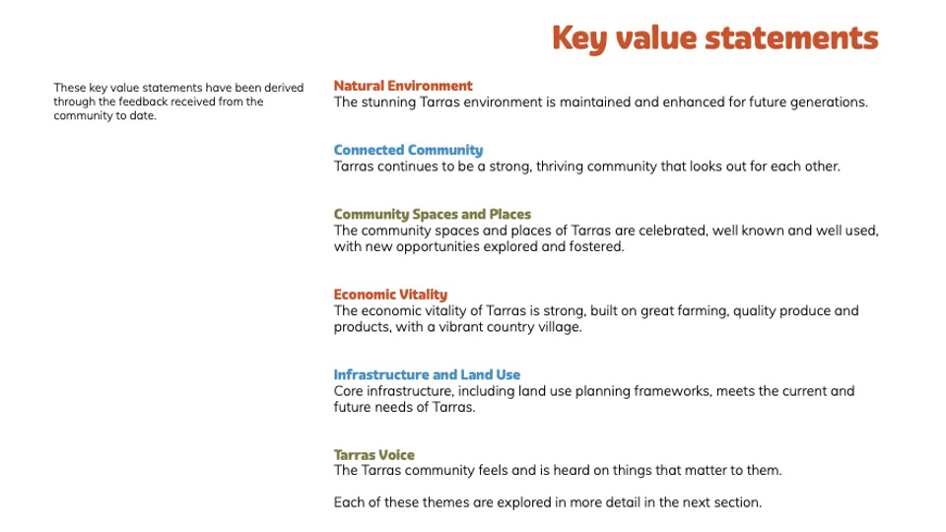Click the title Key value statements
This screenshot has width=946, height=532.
[715, 38]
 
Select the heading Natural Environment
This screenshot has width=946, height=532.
[403, 86]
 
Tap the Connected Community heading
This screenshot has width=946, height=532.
[408, 150]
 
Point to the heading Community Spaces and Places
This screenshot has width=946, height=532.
[433, 214]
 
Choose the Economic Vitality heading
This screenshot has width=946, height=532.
[390, 295]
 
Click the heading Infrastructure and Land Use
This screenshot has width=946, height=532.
[427, 374]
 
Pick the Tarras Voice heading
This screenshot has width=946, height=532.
[374, 455]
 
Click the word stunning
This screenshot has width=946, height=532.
[388, 102]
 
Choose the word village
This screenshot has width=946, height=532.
[560, 327]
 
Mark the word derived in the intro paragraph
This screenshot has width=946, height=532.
[284, 88]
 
